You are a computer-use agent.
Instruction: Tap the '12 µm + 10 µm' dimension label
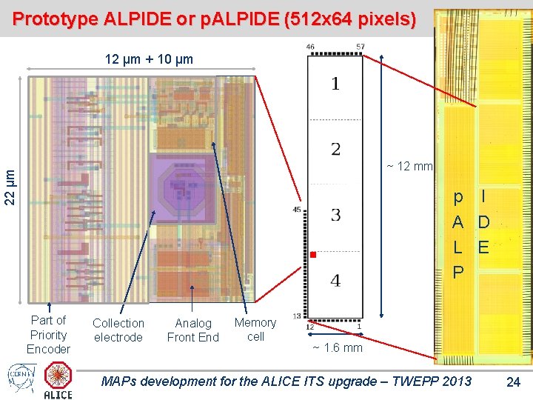click(149, 59)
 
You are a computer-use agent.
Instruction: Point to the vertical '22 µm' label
click(9, 187)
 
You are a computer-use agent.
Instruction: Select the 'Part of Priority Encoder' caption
click(49, 334)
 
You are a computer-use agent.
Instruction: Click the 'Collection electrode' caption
click(118, 330)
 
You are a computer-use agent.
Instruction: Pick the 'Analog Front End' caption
click(192, 330)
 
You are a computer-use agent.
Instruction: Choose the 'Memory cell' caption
click(255, 329)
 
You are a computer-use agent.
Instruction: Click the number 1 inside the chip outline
click(335, 84)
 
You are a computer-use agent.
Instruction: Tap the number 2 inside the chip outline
click(335, 150)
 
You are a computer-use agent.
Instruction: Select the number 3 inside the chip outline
click(335, 216)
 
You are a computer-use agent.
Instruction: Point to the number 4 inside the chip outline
click(335, 281)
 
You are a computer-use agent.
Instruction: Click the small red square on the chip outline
click(312, 255)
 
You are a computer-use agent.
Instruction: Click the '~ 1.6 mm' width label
click(337, 347)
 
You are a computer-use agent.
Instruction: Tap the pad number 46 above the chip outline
click(310, 47)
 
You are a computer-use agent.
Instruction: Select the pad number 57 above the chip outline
click(360, 47)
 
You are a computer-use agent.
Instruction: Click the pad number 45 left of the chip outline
click(297, 210)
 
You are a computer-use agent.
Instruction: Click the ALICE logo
click(58, 380)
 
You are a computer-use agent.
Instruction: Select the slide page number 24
click(513, 382)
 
